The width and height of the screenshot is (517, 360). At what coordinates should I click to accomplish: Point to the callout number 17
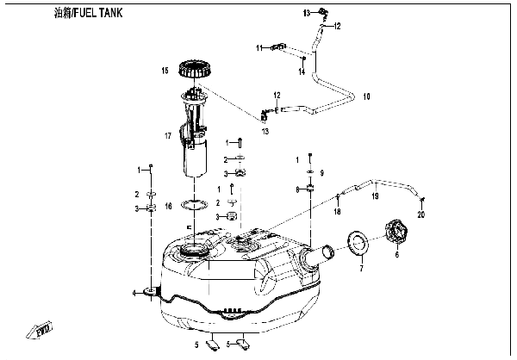(x=169, y=135)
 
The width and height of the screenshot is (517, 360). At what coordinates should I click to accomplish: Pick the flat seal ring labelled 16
(x=196, y=205)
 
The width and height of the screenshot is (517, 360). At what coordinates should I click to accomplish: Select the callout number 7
(x=362, y=270)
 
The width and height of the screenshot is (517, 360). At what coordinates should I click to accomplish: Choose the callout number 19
(x=376, y=196)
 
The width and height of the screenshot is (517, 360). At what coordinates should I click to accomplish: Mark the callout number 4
(x=134, y=294)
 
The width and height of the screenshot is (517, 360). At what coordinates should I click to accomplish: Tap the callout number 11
(x=258, y=48)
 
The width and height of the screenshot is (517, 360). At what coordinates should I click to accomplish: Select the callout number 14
(x=302, y=72)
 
